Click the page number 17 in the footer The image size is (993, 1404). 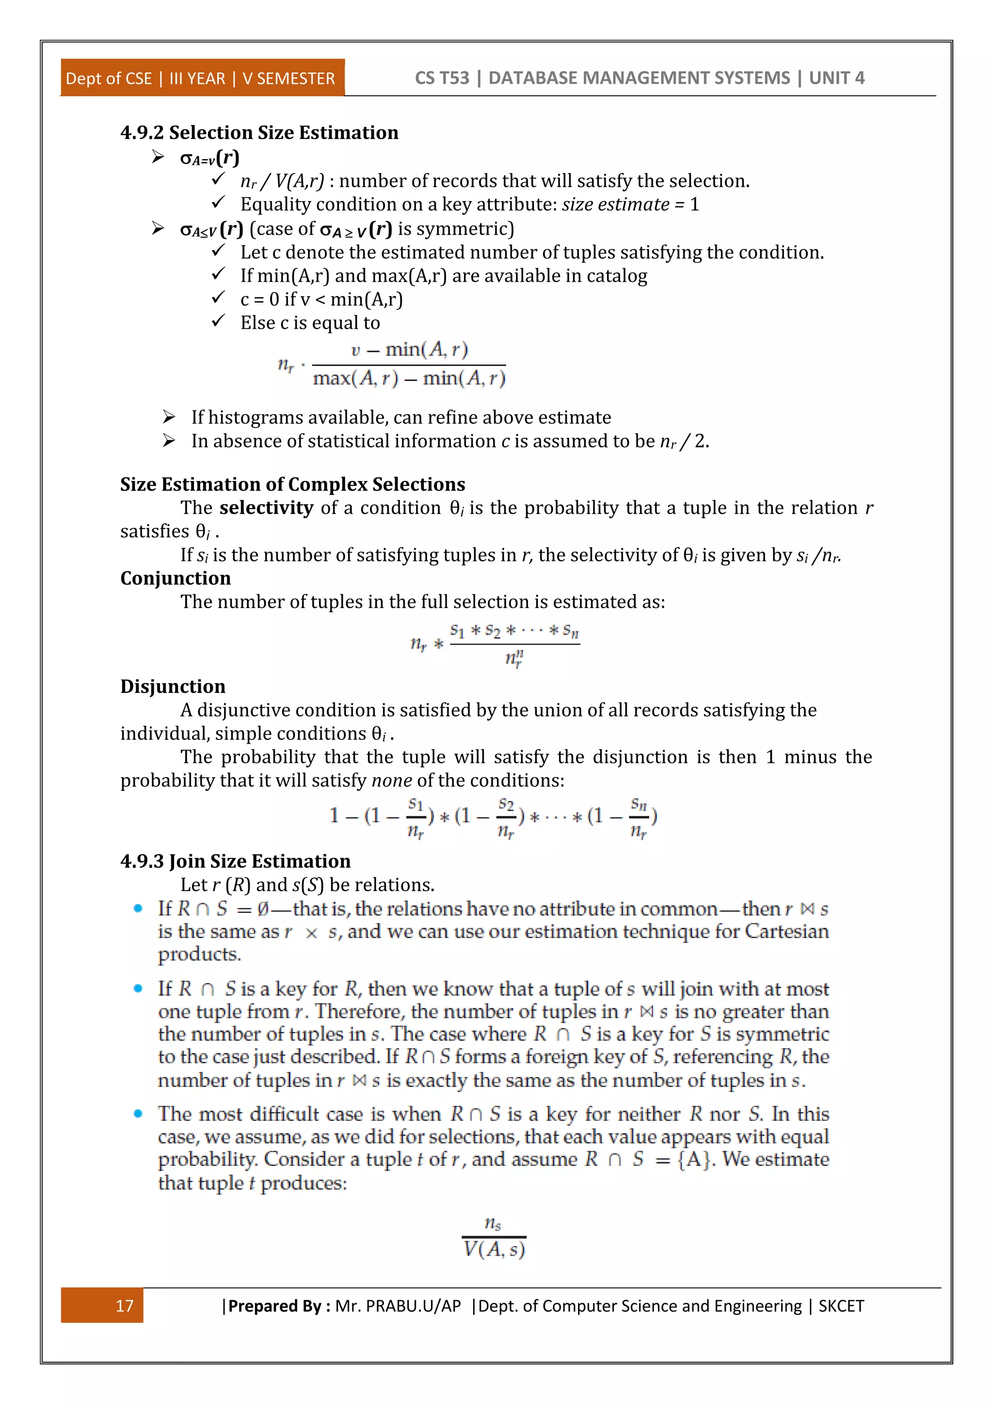(124, 1306)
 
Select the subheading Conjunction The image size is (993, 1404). (176, 578)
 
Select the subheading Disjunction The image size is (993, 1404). (173, 686)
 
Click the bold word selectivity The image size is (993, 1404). (266, 508)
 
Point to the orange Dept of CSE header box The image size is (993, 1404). (202, 78)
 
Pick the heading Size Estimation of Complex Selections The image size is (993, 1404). (292, 484)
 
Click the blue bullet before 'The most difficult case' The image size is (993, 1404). (138, 1114)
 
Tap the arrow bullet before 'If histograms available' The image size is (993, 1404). (169, 417)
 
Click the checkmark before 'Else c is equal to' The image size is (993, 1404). (218, 321)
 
